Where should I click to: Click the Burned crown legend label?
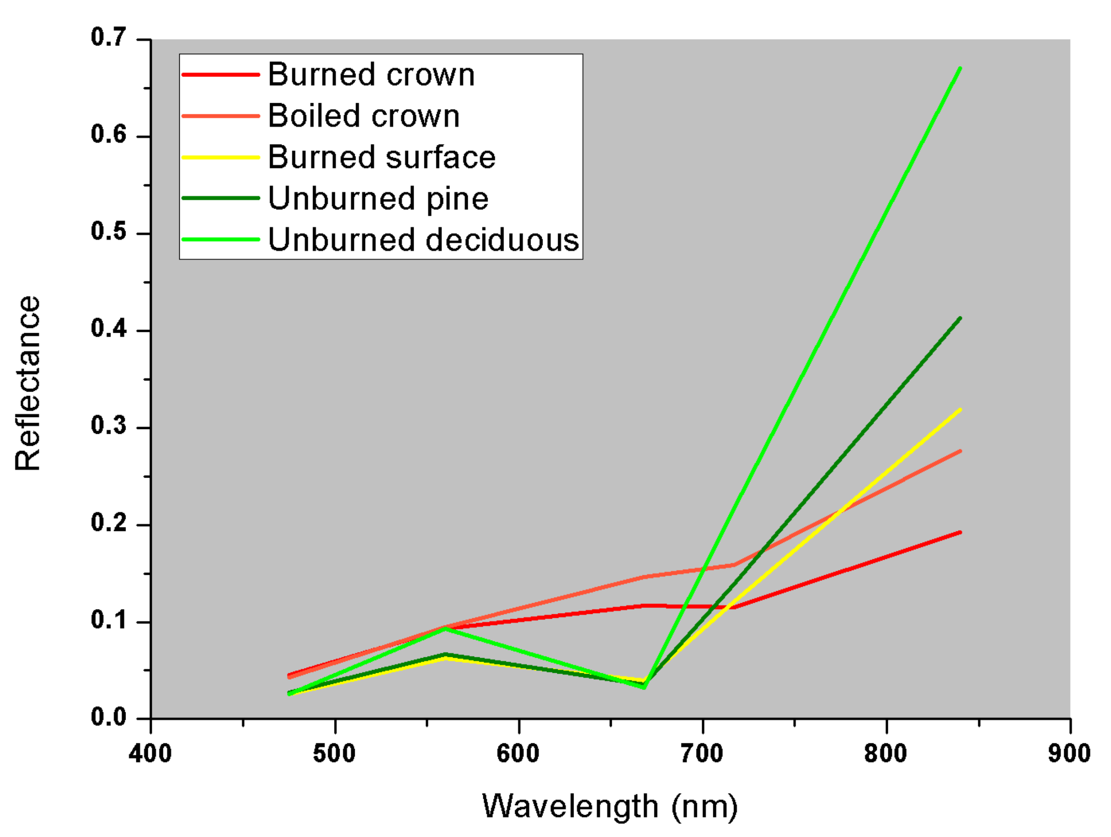pos(371,75)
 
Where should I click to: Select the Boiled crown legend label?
pos(363,116)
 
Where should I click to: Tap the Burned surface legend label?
pos(381,157)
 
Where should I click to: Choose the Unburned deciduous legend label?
pos(423,239)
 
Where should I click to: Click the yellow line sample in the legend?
pos(221,157)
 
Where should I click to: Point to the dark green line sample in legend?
pos(221,198)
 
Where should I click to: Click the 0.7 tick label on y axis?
pos(108,38)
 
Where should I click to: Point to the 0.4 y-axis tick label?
pos(108,329)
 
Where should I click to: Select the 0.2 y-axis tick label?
pos(108,523)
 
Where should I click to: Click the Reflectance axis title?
pos(28,383)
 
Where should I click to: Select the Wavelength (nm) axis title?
pos(610,807)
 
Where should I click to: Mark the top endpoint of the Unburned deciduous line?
pos(960,68)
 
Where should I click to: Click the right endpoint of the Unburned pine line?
pos(960,318)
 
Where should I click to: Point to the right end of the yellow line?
pos(960,410)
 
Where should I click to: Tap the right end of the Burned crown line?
pos(960,532)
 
